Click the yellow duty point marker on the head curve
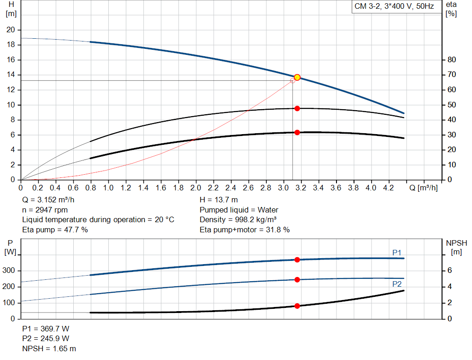(297, 77)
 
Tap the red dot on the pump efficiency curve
(297, 108)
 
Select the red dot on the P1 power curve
(297, 260)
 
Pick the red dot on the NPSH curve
(297, 306)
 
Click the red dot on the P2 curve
(297, 280)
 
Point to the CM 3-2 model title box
(394, 7)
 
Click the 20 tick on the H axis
(10, 30)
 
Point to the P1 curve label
(396, 252)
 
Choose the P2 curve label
(396, 284)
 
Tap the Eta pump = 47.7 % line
(55, 230)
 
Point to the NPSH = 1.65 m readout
(49, 348)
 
